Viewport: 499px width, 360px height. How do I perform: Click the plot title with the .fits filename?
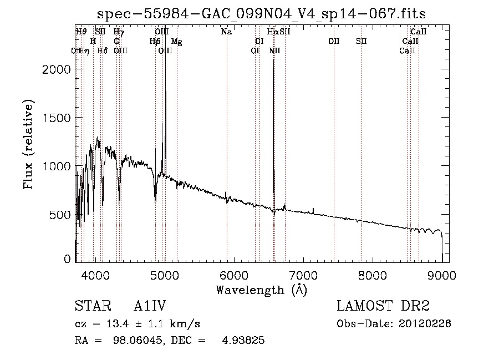point(262,13)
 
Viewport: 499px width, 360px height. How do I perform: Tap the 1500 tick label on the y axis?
point(57,118)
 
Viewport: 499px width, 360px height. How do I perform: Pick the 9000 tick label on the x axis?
point(442,273)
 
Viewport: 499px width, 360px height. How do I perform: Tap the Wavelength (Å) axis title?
point(261,290)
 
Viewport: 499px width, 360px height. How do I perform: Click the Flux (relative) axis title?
point(29,144)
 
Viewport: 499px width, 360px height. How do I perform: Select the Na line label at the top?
point(226,32)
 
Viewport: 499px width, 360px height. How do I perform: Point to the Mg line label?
point(176,42)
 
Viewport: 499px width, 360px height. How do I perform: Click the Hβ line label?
point(155,42)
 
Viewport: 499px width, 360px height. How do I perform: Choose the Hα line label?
point(272,32)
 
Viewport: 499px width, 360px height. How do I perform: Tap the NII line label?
point(274,51)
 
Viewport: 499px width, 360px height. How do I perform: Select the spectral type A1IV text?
point(150,306)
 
